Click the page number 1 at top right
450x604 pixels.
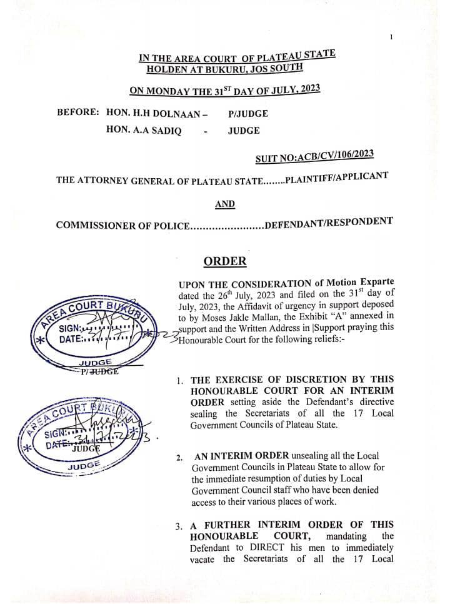tap(391, 37)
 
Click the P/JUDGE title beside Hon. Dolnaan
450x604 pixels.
tap(248, 113)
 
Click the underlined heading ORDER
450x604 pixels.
tap(224, 261)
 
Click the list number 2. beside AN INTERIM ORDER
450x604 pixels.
tap(179, 458)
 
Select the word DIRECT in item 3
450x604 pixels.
tap(261, 548)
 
